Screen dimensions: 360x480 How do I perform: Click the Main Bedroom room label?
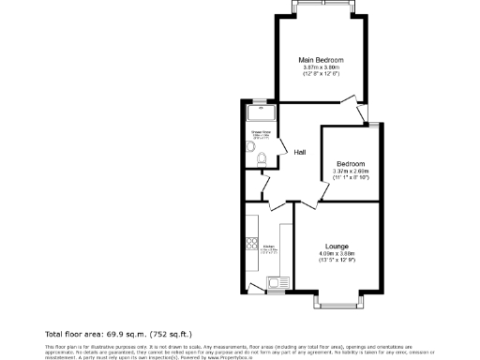pyautogui.click(x=321, y=59)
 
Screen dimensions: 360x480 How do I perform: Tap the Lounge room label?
pyautogui.click(x=337, y=246)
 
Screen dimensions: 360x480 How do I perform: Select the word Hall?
pyautogui.click(x=300, y=153)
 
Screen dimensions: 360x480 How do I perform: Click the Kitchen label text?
pyautogui.click(x=268, y=247)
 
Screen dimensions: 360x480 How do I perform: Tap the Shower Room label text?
pyautogui.click(x=261, y=132)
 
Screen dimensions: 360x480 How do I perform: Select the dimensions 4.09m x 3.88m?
pyautogui.click(x=337, y=253)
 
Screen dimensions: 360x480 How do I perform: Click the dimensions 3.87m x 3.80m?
pyautogui.click(x=321, y=67)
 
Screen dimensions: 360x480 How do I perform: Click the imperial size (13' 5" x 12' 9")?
pyautogui.click(x=337, y=260)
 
